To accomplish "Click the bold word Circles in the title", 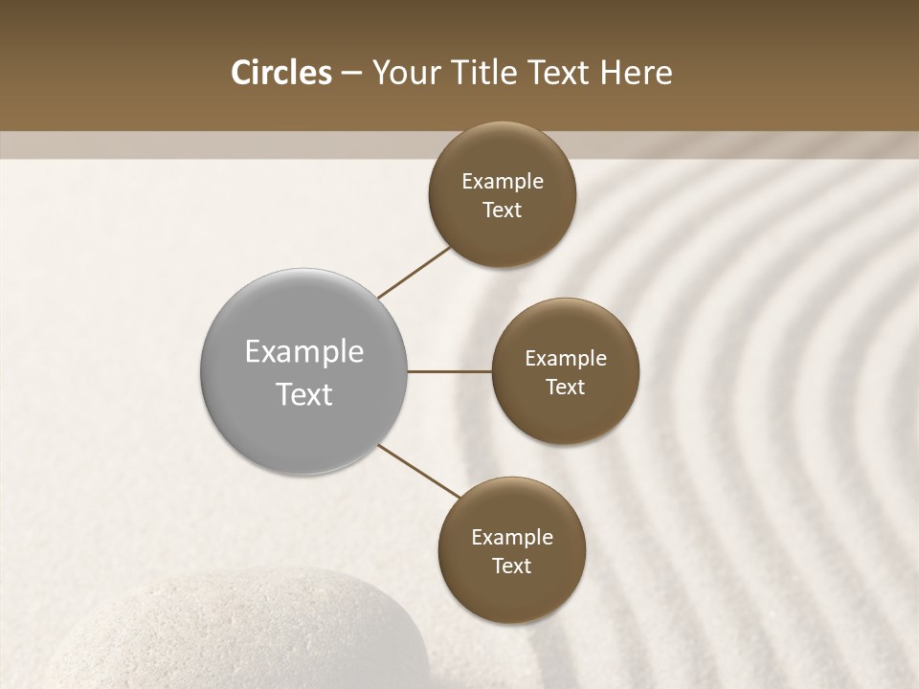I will pyautogui.click(x=281, y=73).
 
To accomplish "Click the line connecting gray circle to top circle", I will pyautogui.click(x=415, y=272).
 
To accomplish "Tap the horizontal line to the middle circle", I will pyautogui.click(x=450, y=371).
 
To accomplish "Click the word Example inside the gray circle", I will pyautogui.click(x=304, y=352).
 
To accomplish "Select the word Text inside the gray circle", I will pyautogui.click(x=304, y=394).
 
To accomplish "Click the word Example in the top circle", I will pyautogui.click(x=503, y=182).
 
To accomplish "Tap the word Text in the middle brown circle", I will pyautogui.click(x=566, y=388).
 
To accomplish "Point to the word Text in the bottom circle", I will pyautogui.click(x=512, y=567).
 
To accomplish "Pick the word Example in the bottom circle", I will pyautogui.click(x=512, y=538).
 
